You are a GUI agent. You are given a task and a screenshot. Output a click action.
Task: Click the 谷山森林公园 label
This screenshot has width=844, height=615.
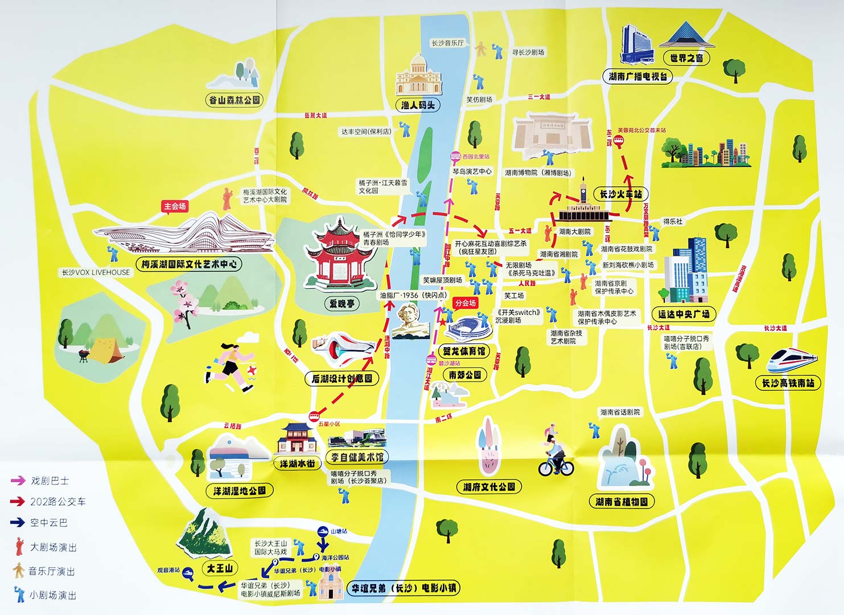click(234, 100)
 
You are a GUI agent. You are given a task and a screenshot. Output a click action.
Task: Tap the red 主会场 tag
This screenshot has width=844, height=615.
click(175, 206)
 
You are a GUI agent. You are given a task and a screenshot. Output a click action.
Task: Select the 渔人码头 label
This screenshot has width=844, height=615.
click(418, 105)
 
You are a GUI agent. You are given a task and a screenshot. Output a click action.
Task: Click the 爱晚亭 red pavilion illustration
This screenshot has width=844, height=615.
click(340, 253)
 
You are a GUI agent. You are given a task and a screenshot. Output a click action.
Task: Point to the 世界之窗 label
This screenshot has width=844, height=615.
click(686, 58)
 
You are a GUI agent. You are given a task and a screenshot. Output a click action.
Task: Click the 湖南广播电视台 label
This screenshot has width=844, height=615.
click(637, 76)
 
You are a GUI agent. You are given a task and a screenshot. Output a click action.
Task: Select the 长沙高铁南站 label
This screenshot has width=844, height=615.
click(788, 383)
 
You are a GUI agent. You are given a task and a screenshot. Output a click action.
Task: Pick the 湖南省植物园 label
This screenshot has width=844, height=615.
click(621, 502)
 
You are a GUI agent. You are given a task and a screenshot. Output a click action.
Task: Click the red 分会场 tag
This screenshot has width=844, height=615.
click(465, 303)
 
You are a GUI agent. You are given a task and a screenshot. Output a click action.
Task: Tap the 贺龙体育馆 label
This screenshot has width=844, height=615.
click(464, 351)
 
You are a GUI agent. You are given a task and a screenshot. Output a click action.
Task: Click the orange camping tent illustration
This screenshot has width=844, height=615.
click(105, 350)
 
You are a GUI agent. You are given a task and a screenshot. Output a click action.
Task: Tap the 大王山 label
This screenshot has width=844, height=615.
click(220, 568)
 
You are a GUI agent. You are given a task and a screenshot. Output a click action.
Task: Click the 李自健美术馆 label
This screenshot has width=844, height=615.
click(357, 457)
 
